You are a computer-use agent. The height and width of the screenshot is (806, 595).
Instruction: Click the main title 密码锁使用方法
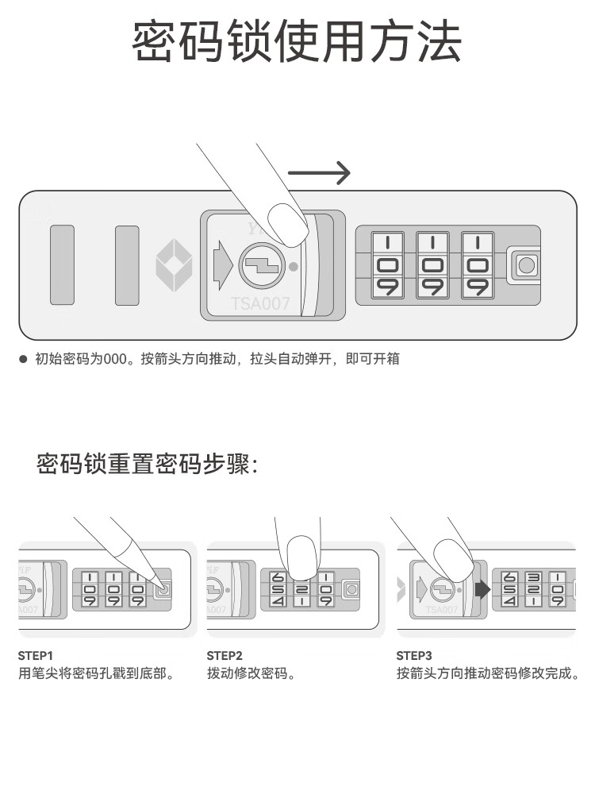click(x=297, y=43)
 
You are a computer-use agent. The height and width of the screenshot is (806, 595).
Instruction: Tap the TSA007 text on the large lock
click(x=260, y=303)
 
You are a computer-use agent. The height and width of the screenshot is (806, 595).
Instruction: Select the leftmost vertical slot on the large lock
click(x=62, y=264)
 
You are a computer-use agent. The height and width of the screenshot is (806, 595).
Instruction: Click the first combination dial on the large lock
click(x=389, y=264)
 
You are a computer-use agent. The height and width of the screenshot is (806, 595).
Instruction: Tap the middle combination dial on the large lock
click(x=434, y=264)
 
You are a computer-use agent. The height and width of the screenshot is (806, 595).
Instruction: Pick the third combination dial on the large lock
click(x=478, y=264)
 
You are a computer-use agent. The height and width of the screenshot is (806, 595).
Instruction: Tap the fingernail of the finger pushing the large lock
click(x=287, y=223)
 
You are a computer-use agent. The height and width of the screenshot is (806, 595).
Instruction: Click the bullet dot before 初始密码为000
click(x=24, y=359)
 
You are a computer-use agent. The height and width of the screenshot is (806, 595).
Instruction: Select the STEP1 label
click(x=35, y=656)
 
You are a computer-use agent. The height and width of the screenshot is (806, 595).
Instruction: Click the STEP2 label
click(x=225, y=656)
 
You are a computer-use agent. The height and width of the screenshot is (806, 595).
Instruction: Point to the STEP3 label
click(x=414, y=656)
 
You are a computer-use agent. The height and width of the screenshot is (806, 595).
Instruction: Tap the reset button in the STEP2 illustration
click(x=350, y=589)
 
